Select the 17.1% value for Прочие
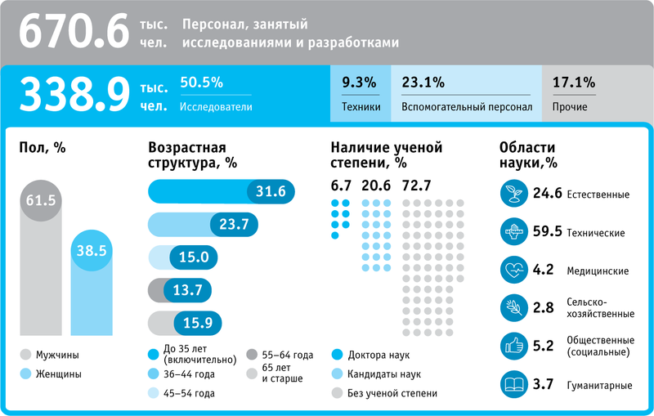click(x=574, y=82)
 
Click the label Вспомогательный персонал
click(x=467, y=106)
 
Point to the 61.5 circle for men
click(x=38, y=201)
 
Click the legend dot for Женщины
click(x=26, y=374)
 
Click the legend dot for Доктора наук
click(x=337, y=356)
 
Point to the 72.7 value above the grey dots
click(x=417, y=185)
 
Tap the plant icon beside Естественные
click(x=513, y=194)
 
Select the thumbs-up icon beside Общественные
click(x=513, y=346)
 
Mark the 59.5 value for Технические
click(x=547, y=231)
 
